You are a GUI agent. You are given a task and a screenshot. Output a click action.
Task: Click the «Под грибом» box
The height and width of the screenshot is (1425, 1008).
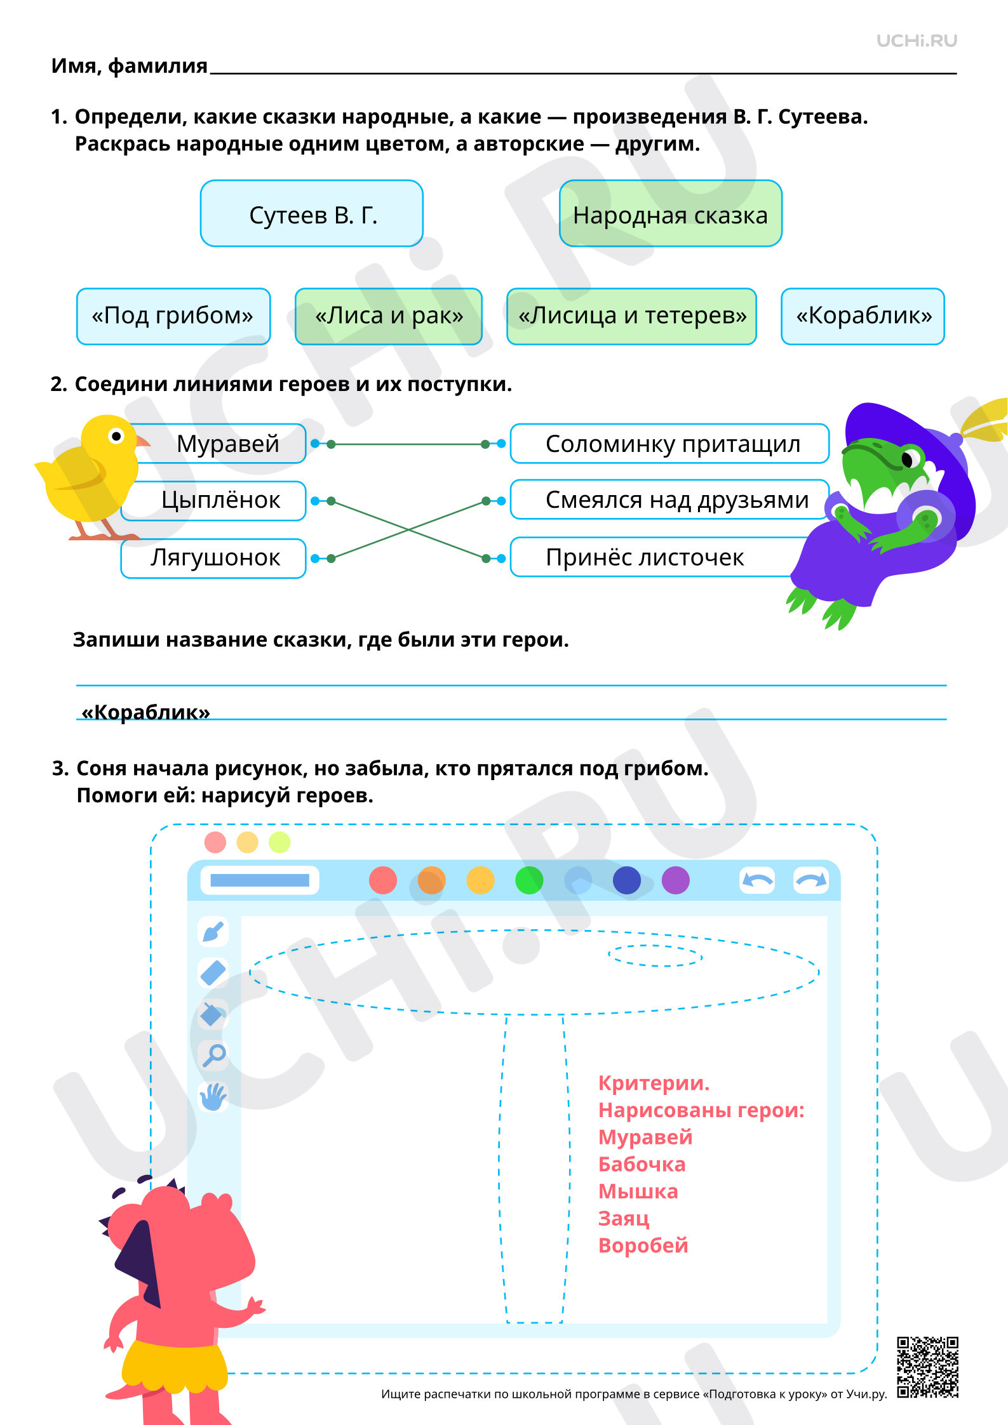point(173,316)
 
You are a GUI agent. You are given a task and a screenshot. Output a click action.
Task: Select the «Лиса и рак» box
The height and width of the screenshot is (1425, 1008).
point(389,316)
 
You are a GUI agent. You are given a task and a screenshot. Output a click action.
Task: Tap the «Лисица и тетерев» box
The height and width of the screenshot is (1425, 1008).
point(631,316)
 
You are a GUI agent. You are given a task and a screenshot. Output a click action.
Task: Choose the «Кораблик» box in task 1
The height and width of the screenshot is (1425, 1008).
point(863,316)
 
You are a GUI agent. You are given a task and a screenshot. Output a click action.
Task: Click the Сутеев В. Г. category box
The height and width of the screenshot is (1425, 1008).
point(312,213)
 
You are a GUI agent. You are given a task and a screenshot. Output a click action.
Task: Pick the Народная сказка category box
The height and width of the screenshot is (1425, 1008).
point(671,213)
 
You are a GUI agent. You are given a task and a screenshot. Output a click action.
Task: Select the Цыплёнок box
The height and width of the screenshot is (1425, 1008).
point(214,501)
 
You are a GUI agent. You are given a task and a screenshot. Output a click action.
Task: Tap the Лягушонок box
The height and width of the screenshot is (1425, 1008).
point(213,558)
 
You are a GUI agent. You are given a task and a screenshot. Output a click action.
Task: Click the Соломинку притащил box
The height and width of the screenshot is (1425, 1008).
point(670,444)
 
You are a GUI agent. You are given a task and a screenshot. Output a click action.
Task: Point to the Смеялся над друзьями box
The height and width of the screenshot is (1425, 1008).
point(670,500)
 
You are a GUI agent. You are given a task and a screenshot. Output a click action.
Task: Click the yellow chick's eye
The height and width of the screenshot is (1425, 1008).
point(116,436)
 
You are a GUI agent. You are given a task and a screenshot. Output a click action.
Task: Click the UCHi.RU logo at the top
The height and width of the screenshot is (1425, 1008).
point(917,41)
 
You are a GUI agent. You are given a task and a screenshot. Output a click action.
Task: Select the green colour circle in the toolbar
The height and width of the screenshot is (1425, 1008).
point(529,880)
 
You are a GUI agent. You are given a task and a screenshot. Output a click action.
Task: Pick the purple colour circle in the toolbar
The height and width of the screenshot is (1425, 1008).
point(676,880)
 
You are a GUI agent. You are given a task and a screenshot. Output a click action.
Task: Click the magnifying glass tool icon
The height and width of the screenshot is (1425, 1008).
point(214,1055)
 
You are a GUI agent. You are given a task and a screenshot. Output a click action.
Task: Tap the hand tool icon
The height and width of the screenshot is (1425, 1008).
point(213,1096)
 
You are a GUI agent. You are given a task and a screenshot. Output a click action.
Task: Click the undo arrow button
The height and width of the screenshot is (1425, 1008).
point(758,880)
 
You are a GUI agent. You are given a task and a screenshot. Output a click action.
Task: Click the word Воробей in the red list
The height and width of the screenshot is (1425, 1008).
point(643,1245)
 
